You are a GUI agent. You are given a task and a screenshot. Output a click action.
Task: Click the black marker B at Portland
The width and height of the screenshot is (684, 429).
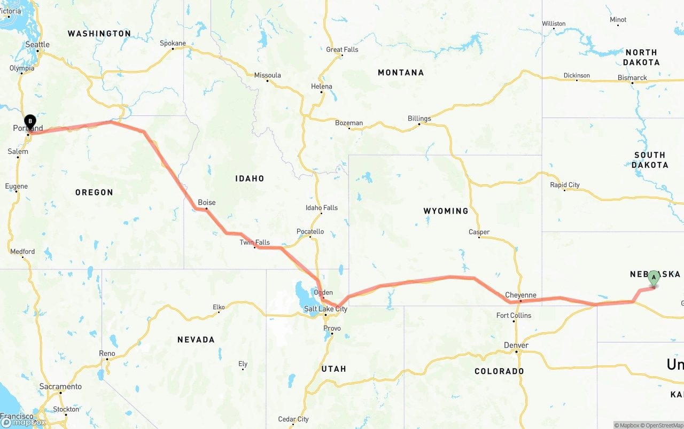pos(30,122)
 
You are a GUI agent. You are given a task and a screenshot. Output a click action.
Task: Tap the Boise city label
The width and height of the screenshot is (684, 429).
pos(207,202)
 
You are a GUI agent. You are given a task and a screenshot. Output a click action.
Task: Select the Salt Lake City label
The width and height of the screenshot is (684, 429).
pos(325,309)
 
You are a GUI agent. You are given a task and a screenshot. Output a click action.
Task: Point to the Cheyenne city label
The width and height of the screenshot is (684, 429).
pos(520,295)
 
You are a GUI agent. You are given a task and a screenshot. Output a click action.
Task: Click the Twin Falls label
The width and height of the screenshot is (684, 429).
pos(254,243)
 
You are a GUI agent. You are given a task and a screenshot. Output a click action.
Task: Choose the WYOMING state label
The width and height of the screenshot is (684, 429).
pos(446,211)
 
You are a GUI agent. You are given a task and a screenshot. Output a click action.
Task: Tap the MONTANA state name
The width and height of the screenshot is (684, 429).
pos(401,73)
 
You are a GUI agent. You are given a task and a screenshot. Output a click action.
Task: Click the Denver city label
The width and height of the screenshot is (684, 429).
pos(516,346)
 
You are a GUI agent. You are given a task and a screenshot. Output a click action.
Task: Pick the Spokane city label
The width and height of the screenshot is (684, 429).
pos(173,43)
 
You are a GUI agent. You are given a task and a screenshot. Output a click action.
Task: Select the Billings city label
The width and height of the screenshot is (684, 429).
pos(419,119)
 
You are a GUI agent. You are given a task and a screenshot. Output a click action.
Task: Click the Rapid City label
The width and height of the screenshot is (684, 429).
pos(565,185)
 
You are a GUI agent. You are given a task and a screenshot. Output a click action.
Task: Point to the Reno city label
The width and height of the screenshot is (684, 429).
pos(107,353)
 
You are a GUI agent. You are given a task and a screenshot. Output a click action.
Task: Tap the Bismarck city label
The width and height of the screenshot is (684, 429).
pos(632,77)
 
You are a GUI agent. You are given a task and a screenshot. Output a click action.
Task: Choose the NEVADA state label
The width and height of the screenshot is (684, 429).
pos(196,339)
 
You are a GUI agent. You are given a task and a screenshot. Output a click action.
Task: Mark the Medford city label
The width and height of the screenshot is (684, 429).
pos(22,251)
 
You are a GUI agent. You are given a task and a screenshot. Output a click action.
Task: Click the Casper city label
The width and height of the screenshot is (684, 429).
pos(479,232)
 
